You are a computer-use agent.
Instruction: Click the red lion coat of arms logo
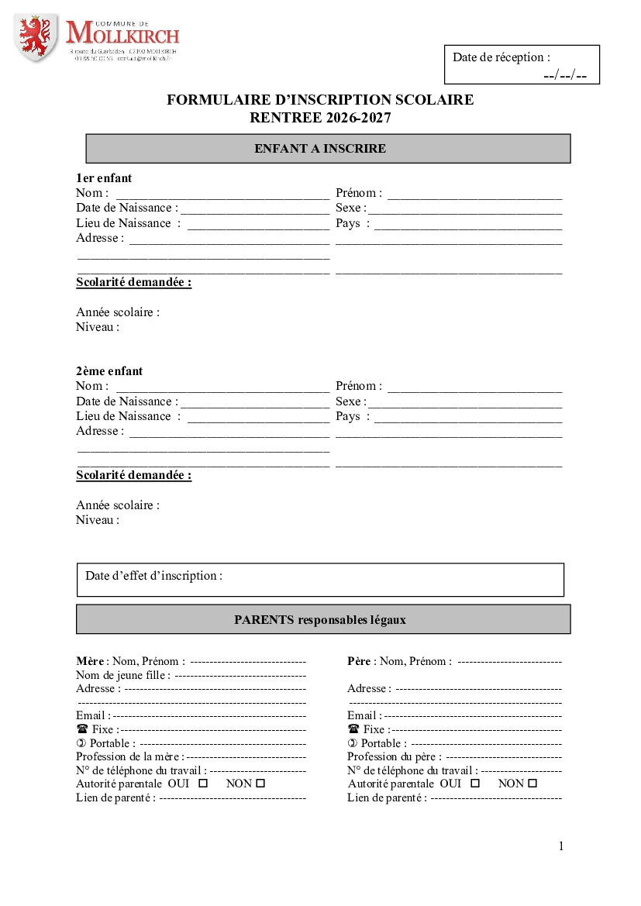click(x=35, y=37)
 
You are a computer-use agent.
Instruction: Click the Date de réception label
click(x=501, y=57)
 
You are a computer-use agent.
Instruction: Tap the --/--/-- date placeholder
click(x=565, y=75)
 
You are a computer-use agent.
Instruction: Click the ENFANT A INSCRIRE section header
click(x=320, y=149)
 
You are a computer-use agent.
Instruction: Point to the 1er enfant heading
click(x=104, y=178)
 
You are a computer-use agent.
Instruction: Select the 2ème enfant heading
click(x=109, y=371)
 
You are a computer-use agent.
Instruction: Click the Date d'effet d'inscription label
click(x=153, y=576)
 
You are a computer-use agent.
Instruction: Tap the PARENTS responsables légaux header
click(x=320, y=620)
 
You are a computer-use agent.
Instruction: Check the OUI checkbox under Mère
click(x=204, y=784)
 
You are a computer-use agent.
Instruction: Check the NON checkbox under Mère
click(x=260, y=784)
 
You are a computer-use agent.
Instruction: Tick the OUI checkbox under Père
click(x=475, y=784)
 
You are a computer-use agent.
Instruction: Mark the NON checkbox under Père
click(x=532, y=784)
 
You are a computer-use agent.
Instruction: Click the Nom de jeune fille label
click(x=122, y=675)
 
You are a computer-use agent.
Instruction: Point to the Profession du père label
click(x=394, y=756)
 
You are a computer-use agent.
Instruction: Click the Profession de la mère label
click(x=129, y=756)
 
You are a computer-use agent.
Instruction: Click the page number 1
click(x=561, y=846)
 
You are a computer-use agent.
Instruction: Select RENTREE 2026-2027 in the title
click(x=320, y=118)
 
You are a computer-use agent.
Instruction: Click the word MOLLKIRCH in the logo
click(x=122, y=33)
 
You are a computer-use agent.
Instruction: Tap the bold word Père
click(x=359, y=661)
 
